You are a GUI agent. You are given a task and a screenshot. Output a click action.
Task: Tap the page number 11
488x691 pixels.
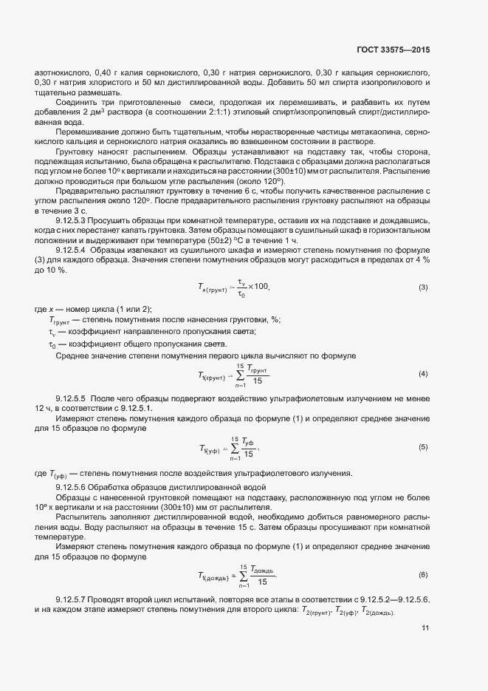coord(425,627)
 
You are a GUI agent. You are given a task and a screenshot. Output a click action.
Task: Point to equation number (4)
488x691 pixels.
coord(423,374)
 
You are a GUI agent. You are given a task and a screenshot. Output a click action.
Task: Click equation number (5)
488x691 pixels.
coord(423,447)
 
